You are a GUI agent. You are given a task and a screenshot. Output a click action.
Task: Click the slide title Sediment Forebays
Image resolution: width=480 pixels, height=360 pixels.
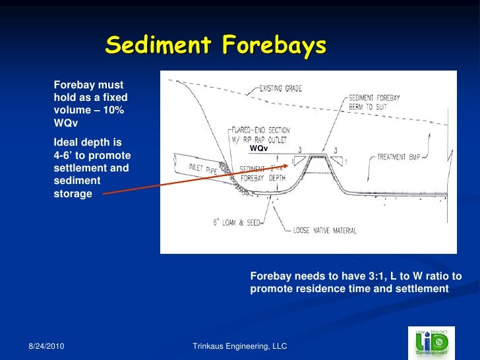pos(216,45)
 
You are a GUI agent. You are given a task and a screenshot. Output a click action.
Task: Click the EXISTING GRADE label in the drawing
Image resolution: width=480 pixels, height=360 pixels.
pos(280,88)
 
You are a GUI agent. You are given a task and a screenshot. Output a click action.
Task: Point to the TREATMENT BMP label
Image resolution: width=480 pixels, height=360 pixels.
pos(402,158)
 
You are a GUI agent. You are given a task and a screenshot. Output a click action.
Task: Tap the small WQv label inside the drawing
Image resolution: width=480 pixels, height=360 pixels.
pos(258,149)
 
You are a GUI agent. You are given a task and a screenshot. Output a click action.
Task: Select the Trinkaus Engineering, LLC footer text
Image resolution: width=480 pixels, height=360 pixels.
pos(239,346)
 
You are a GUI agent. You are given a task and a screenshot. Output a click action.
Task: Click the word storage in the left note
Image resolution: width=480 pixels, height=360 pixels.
pos(73,193)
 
